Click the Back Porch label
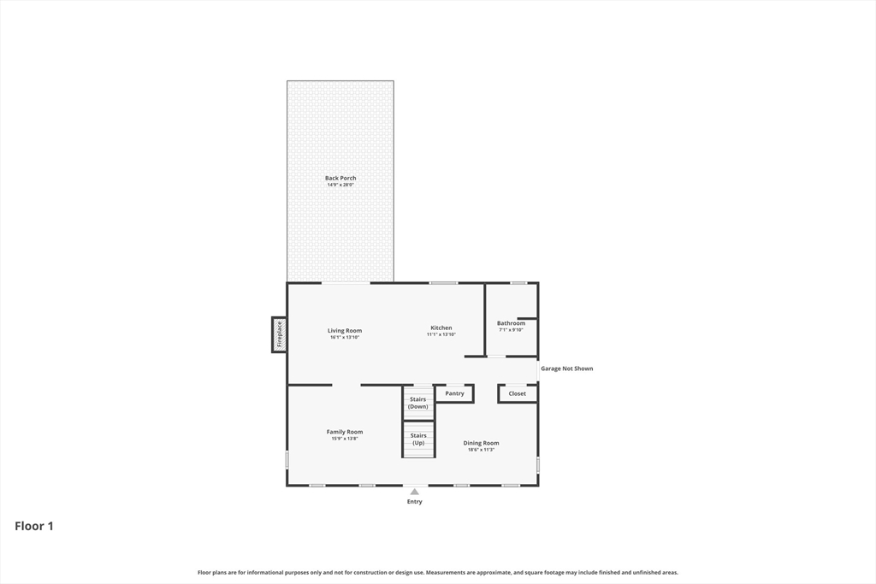click(x=340, y=178)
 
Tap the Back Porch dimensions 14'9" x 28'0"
click(x=340, y=185)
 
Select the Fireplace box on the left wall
click(x=279, y=334)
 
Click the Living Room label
click(x=345, y=330)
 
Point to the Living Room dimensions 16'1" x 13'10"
click(x=345, y=337)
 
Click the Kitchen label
click(x=441, y=327)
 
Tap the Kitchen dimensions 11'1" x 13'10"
click(x=441, y=334)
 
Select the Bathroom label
click(x=512, y=323)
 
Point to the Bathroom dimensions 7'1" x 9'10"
click(x=512, y=330)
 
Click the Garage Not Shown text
click(x=566, y=369)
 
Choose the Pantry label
click(x=455, y=393)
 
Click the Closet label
click(x=518, y=393)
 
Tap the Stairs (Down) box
click(x=418, y=403)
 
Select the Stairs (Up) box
click(x=418, y=439)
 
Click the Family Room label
click(x=345, y=432)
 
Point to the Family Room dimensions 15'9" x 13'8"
click(x=345, y=439)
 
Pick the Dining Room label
click(x=482, y=443)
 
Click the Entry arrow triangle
click(x=415, y=492)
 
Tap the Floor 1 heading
click(x=34, y=526)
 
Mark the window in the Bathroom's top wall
click(x=518, y=283)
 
